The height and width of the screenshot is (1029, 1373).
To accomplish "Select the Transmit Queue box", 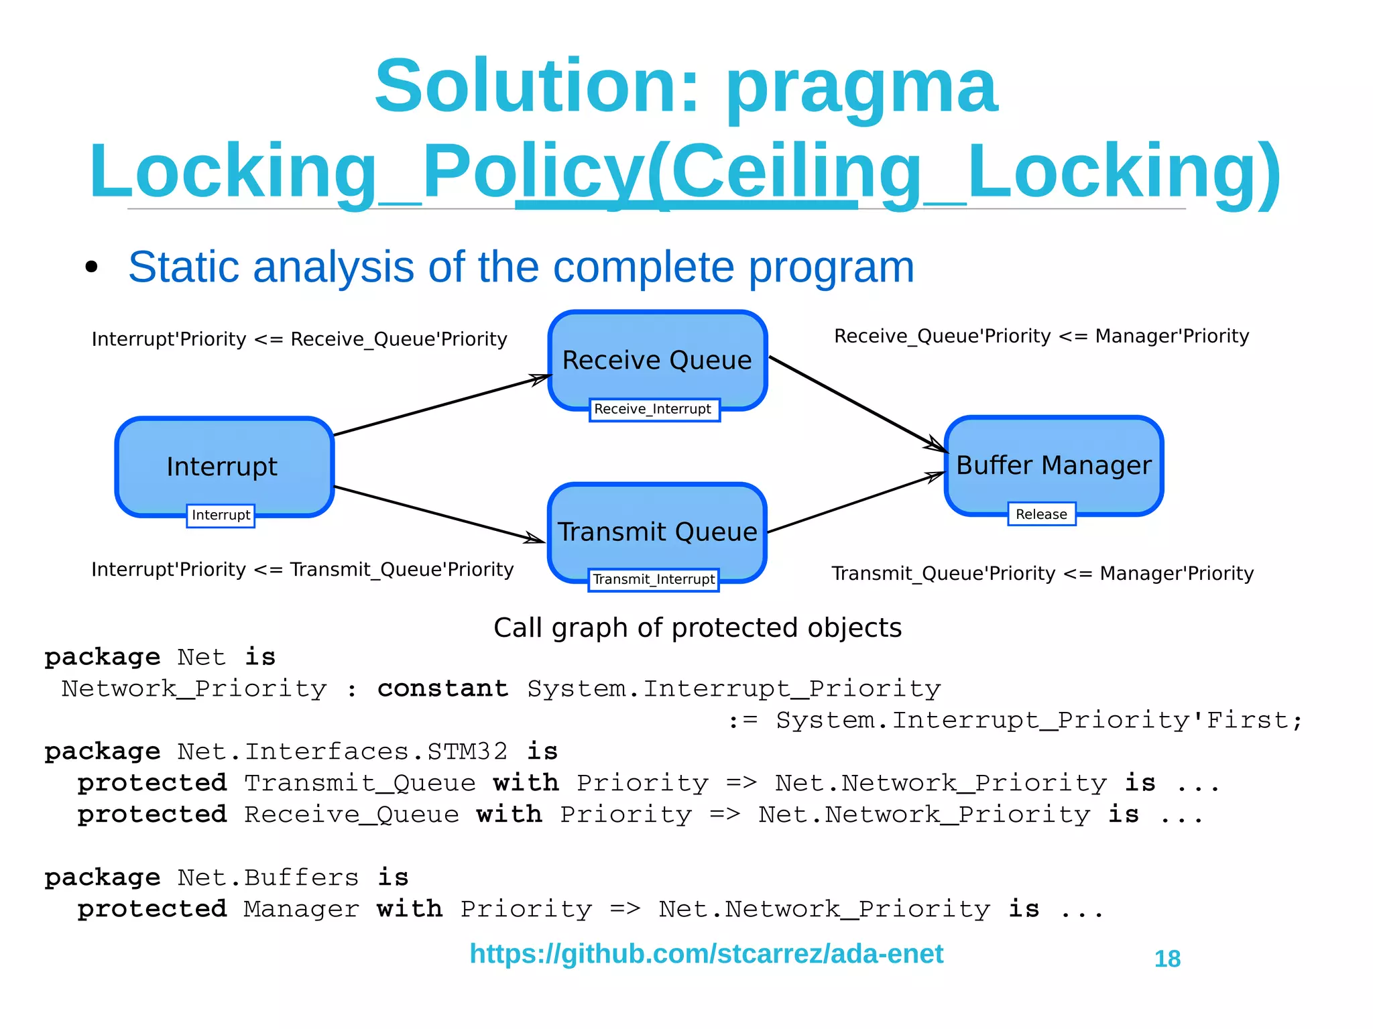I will tap(657, 531).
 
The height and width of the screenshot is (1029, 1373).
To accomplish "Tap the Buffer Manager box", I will tap(1053, 465).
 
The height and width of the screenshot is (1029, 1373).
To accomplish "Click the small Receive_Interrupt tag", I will tap(654, 409).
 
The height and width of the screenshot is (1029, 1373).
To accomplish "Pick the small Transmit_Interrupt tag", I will tap(654, 579).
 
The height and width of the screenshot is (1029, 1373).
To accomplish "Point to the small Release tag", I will tap(1041, 514).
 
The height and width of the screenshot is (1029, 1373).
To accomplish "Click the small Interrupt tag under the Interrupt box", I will tap(221, 516).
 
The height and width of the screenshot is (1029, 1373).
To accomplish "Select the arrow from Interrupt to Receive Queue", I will tap(442, 405).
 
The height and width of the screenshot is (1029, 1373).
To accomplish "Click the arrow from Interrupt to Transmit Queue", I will tap(439, 513).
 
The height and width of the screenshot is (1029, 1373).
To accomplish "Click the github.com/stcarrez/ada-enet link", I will tap(706, 953).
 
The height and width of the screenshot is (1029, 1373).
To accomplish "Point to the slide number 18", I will tap(1167, 959).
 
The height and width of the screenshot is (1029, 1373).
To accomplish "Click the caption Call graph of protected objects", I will tap(697, 628).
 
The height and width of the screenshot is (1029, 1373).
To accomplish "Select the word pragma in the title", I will tap(862, 87).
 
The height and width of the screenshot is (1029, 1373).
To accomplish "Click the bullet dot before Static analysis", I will tap(92, 267).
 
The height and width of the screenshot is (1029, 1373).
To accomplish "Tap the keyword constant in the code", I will tap(442, 688).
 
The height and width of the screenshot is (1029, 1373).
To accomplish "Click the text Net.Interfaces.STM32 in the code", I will tap(343, 751).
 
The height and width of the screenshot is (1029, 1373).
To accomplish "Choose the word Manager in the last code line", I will tap(301, 909).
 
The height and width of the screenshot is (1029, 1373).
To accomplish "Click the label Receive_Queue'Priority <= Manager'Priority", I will tap(1041, 336).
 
